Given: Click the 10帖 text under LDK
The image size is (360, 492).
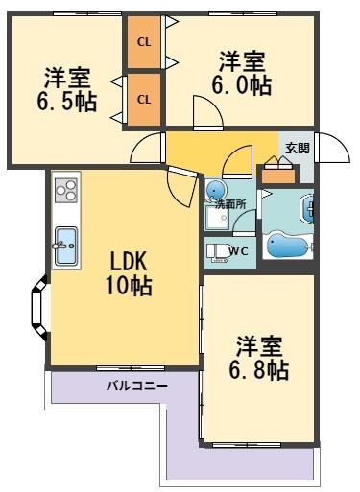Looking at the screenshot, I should (129, 285).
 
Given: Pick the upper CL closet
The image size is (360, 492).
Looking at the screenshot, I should (144, 42).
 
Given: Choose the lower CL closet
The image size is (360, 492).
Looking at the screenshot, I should (144, 99).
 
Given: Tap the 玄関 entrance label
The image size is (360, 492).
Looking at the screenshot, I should (297, 148).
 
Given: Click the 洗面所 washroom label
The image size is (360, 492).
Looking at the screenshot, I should (229, 204).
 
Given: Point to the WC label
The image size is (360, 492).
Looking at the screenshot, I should (239, 251).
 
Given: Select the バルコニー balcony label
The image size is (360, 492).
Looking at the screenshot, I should (137, 387).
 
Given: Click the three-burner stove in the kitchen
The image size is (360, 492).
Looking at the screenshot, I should (65, 191).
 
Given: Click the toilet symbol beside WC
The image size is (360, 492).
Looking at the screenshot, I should (218, 252).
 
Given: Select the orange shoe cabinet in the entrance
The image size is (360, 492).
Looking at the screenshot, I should (277, 176).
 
